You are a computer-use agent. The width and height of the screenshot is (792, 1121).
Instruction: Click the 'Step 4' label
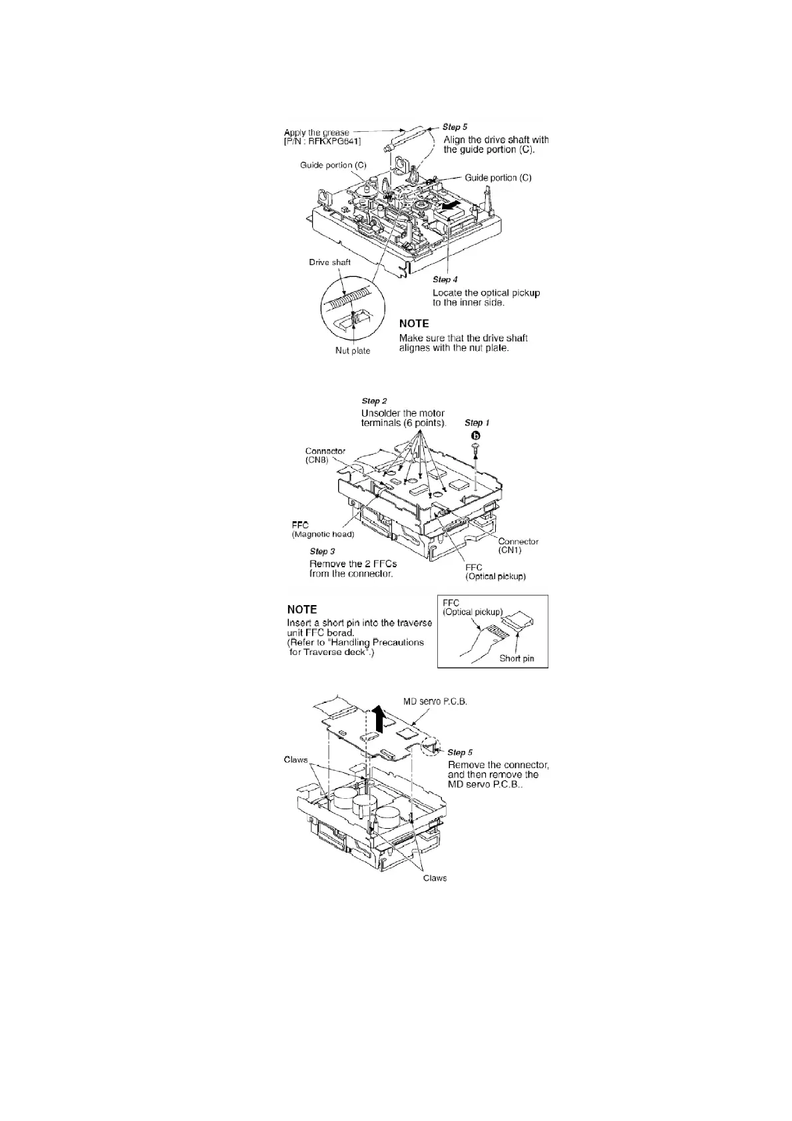coord(445,280)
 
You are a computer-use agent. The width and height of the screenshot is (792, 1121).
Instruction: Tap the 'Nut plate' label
coord(352,351)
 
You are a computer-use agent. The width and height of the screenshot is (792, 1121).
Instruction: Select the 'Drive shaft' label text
coord(329,262)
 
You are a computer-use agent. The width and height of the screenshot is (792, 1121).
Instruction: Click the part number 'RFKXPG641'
coord(325,141)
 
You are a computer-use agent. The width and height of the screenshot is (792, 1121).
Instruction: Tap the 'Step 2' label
coord(373,401)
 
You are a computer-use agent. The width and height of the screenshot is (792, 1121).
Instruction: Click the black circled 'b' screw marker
coord(476,435)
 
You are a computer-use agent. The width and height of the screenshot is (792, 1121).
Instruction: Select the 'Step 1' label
coord(477,423)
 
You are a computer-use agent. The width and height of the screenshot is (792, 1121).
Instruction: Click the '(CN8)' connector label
coord(316,460)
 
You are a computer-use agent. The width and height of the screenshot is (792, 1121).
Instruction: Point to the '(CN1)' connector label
coord(510,551)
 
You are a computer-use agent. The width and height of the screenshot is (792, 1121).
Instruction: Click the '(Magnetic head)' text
coord(323,535)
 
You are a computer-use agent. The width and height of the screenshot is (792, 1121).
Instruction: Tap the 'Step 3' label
coord(322,551)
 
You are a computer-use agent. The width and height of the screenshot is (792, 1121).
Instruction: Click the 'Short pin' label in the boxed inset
coord(516,659)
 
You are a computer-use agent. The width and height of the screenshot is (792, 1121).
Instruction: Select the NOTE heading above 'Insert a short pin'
coord(301,609)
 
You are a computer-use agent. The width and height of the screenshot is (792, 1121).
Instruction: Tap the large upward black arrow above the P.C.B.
coord(379,719)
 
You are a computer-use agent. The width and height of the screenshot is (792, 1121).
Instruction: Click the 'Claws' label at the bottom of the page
coord(435,878)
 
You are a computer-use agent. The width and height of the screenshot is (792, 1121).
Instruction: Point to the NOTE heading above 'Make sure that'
coord(413,324)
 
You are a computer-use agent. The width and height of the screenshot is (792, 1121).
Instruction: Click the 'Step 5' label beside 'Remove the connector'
coord(460,752)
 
